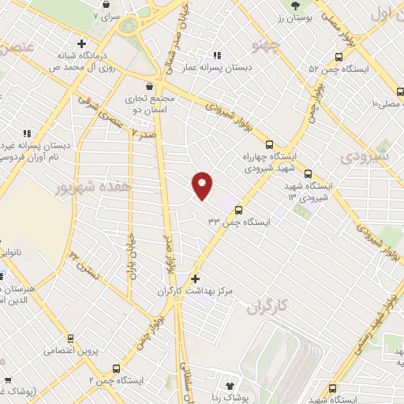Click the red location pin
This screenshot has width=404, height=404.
click(203, 185)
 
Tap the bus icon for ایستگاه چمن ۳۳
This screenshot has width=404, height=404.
click(238, 209)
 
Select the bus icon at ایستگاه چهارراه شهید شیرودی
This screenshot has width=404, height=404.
click(270, 145)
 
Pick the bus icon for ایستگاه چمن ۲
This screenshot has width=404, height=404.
click(118, 368)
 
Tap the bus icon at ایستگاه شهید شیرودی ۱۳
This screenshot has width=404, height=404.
click(308, 174)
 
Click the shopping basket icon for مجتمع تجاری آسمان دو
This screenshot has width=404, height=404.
click(150, 86)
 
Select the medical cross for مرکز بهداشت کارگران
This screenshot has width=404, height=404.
click(196, 278)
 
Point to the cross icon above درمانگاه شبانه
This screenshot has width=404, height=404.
click(82, 43)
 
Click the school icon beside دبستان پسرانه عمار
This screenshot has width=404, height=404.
click(215, 55)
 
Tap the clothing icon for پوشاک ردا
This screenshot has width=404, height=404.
click(230, 387)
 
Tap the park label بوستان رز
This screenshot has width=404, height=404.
click(298, 17)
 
